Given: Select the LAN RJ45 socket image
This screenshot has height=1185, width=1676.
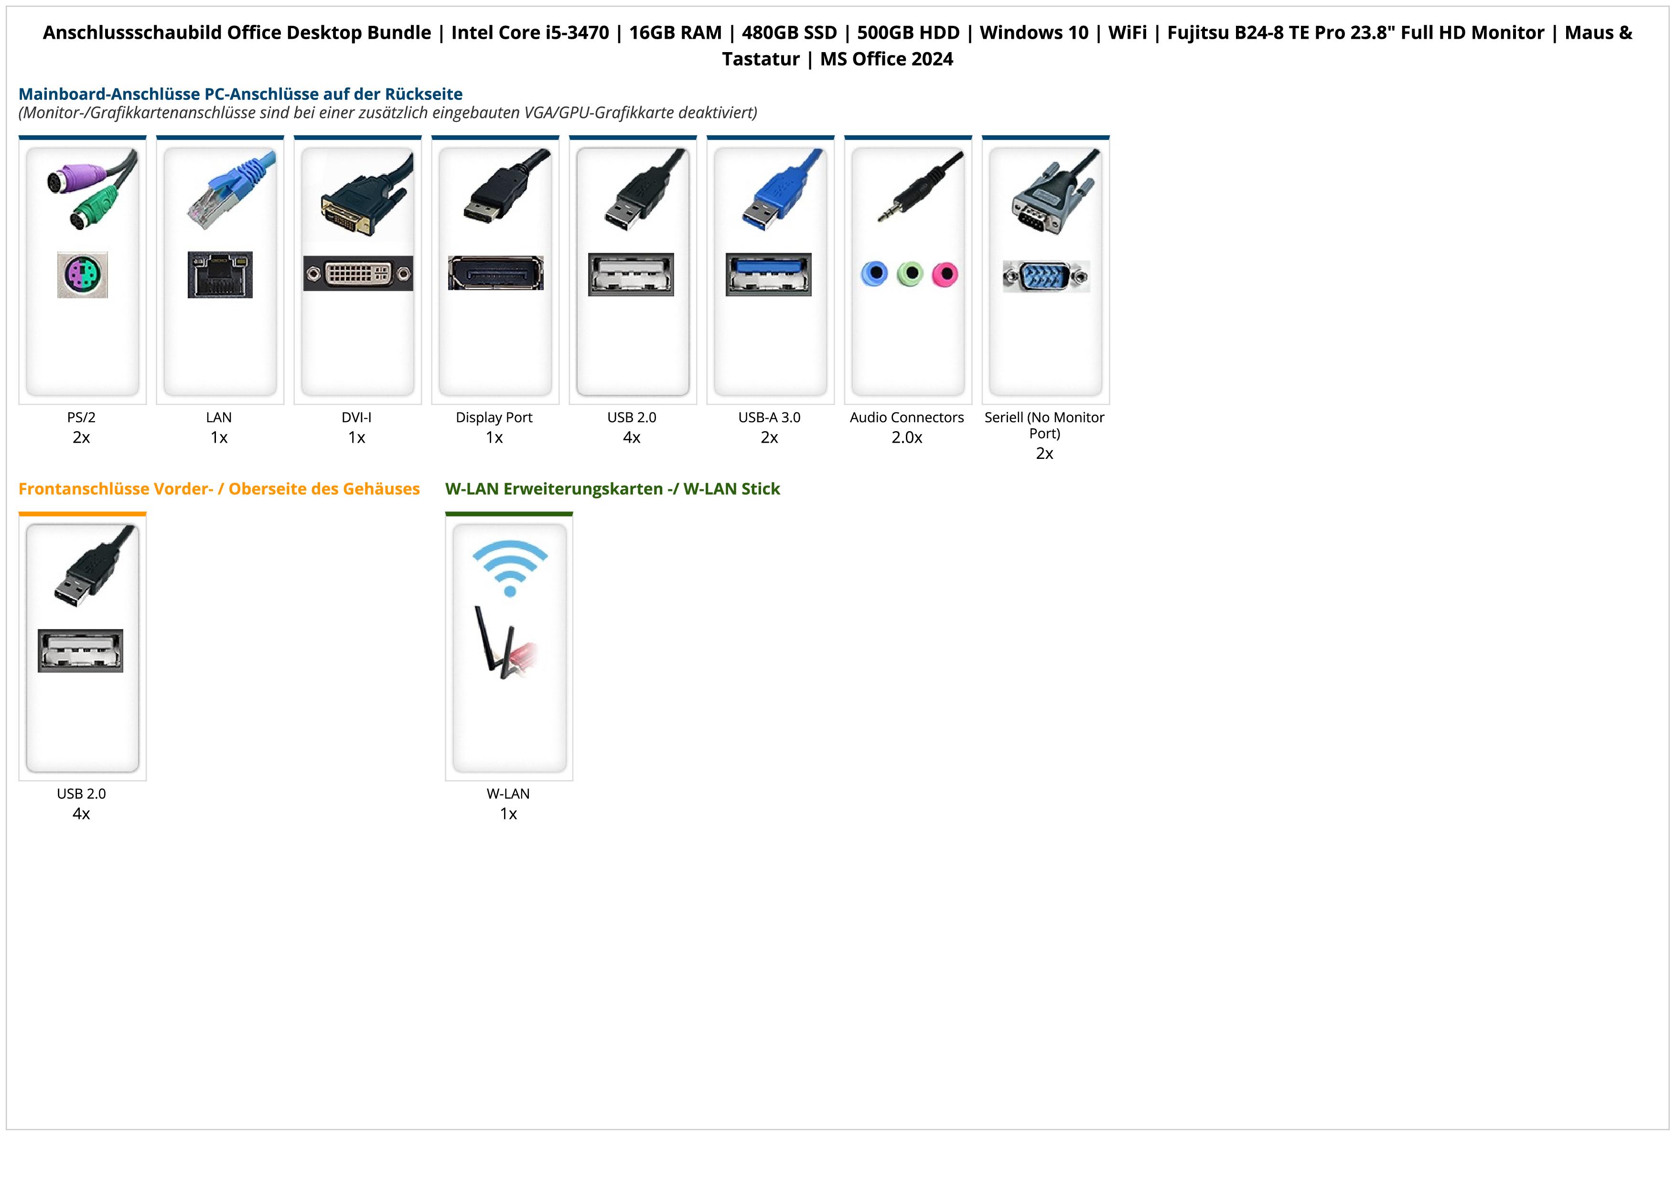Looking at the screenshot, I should tap(220, 274).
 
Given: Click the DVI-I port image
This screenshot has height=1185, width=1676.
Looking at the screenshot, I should tap(358, 274).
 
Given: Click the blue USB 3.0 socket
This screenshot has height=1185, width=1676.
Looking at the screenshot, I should tap(768, 274).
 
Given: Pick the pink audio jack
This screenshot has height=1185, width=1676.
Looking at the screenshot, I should tap(945, 274).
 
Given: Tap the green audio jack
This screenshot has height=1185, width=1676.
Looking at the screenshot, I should tap(910, 274).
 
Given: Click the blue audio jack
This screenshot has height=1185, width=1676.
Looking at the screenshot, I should tap(874, 274).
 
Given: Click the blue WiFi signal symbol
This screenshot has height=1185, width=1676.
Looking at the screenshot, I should tap(509, 566).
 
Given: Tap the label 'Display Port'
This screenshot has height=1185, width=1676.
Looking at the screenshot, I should tap(494, 418).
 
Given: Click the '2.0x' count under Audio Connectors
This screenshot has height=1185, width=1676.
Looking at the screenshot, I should tap(907, 438).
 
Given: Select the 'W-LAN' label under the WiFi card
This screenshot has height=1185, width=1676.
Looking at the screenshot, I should tap(508, 794).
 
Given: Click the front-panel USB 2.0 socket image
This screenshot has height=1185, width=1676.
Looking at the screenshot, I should tap(80, 651).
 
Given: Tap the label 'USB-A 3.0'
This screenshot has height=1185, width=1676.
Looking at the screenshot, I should tap(769, 418).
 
